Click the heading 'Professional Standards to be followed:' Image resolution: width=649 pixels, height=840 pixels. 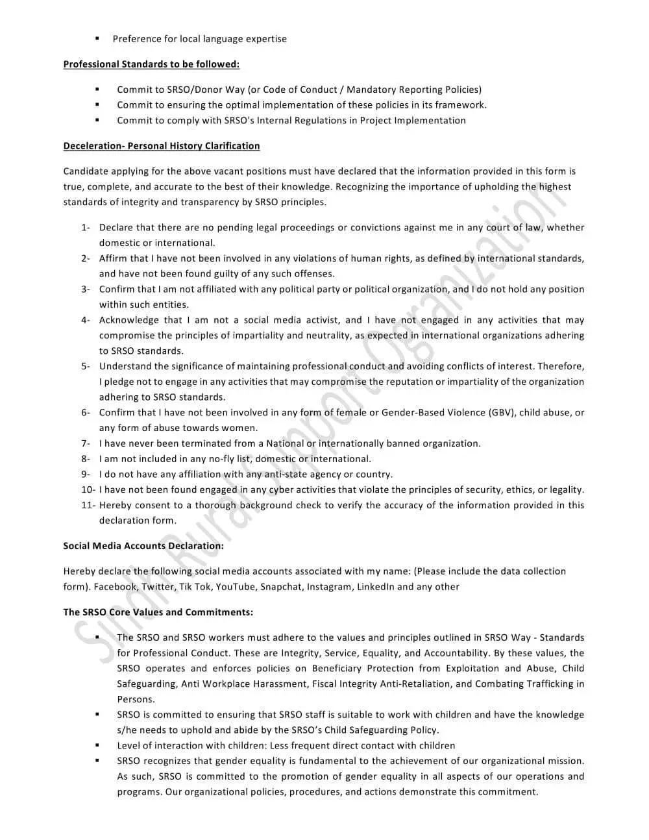coord(151,64)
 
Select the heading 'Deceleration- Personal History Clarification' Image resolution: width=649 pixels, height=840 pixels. coord(162,146)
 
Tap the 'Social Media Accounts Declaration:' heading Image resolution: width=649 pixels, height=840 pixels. coord(143,546)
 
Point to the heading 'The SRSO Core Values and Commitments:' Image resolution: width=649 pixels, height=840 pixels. coord(158,612)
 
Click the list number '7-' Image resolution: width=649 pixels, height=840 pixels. coord(86,443)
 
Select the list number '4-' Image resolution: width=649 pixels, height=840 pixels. coord(86,320)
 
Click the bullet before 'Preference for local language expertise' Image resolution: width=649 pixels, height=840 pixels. coord(97,38)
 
